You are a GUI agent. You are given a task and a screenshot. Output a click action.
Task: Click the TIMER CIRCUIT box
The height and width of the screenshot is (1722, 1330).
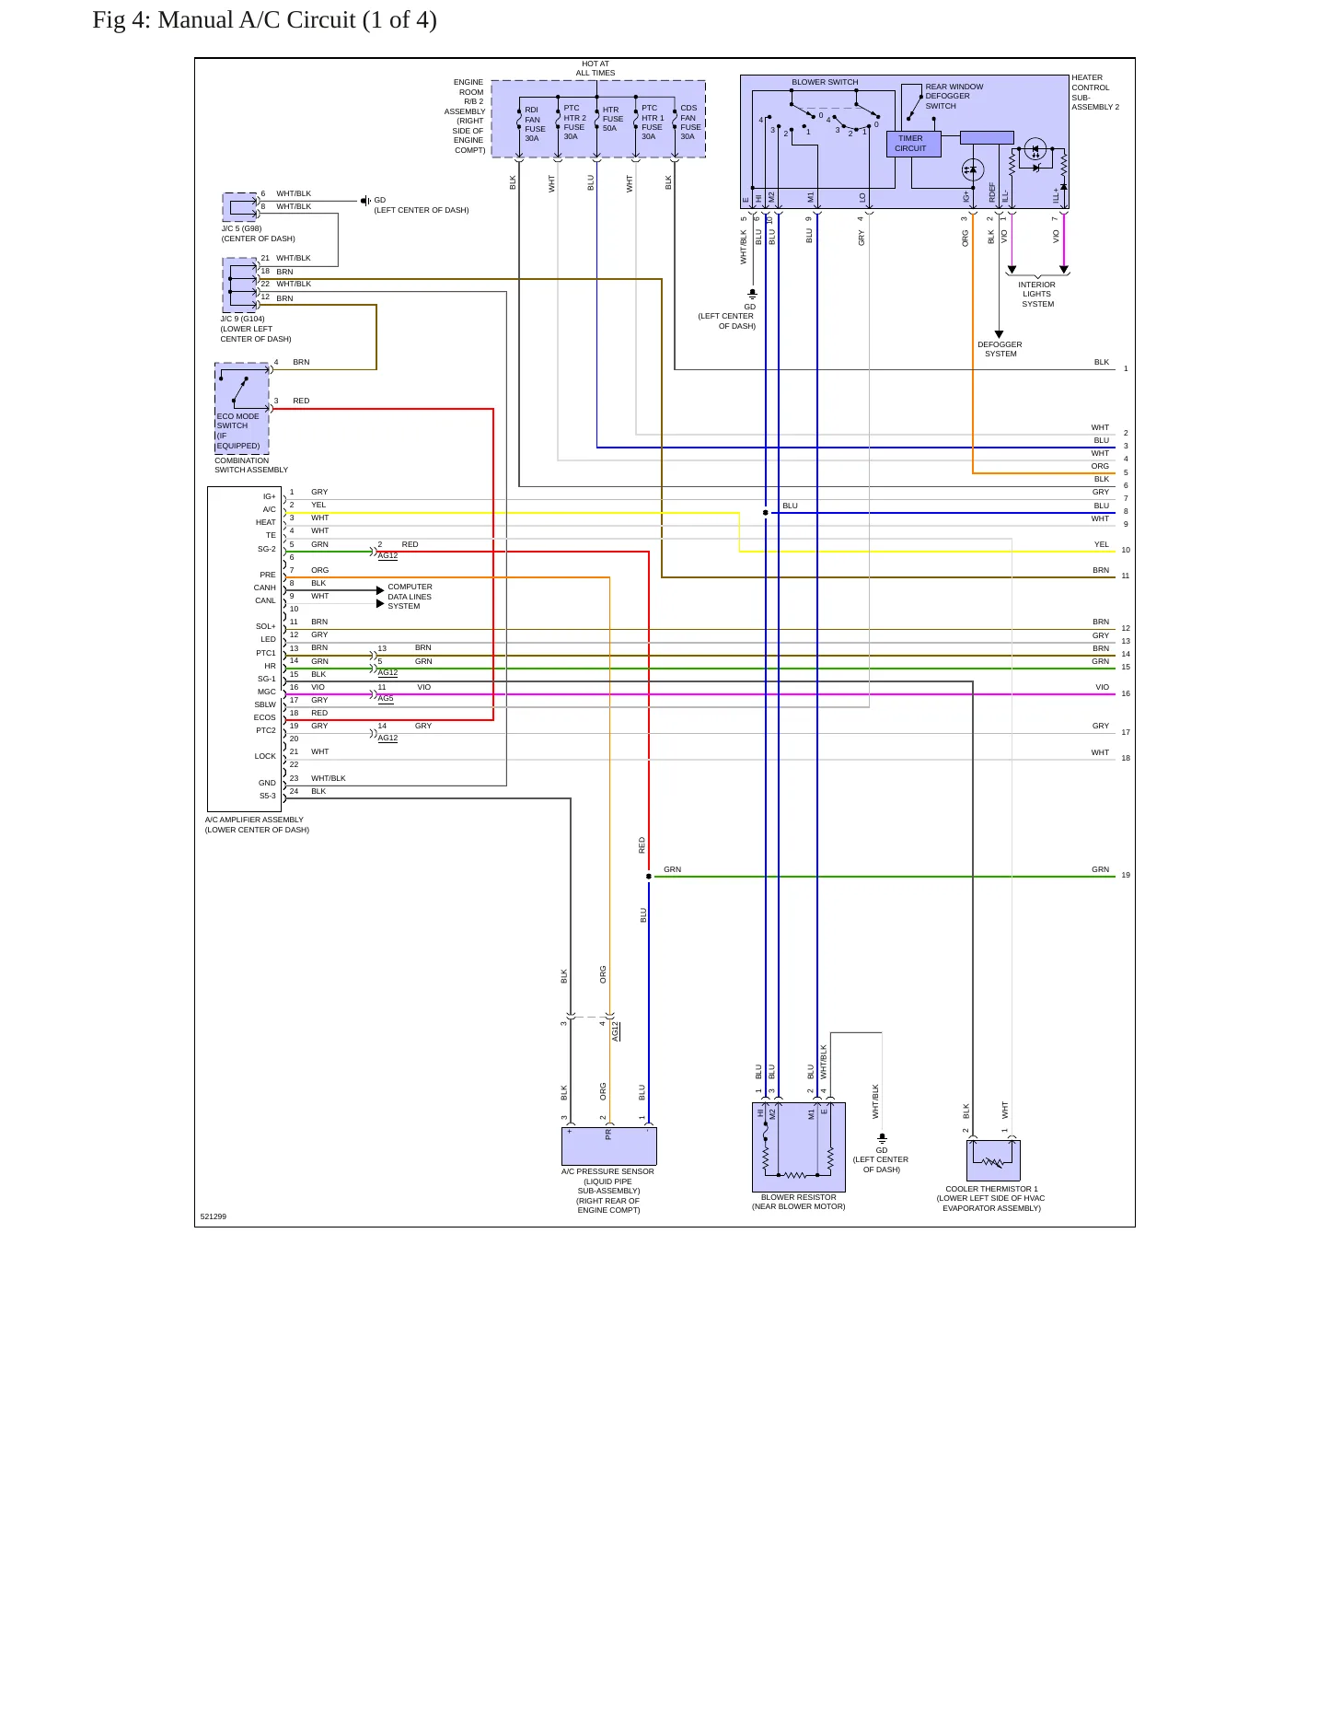click(x=914, y=144)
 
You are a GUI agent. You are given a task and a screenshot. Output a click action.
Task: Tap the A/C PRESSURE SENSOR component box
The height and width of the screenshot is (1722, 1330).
click(x=608, y=1146)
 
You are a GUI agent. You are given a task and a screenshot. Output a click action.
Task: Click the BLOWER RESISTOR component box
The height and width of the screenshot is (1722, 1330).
click(x=799, y=1147)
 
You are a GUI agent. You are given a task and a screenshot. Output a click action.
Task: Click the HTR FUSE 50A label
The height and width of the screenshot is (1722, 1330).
click(x=612, y=119)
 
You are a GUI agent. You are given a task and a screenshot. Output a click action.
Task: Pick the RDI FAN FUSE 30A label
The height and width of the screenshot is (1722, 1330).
click(x=535, y=124)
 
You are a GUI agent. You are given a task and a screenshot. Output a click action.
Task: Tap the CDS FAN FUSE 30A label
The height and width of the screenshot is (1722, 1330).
click(x=690, y=122)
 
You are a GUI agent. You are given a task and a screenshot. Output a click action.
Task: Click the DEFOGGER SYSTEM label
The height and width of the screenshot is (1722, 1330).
click(x=1000, y=349)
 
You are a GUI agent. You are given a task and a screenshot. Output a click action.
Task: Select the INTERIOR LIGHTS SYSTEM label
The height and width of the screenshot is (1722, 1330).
click(x=1037, y=295)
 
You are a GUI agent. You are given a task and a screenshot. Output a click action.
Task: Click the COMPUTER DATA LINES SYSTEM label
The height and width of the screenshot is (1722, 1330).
click(x=410, y=597)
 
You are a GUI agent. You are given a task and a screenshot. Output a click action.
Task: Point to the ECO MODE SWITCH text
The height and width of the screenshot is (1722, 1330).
click(x=237, y=421)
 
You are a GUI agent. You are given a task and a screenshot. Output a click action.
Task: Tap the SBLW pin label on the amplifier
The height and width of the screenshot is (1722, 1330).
click(x=265, y=704)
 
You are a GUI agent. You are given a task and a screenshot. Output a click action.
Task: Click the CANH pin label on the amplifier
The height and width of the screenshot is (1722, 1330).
click(x=265, y=588)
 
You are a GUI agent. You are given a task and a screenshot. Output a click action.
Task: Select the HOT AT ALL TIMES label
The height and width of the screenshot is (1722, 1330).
click(x=596, y=68)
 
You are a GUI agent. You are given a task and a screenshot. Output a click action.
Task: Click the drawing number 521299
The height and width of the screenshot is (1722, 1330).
click(x=214, y=1216)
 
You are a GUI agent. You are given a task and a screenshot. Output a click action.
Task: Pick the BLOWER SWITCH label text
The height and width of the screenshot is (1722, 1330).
click(x=825, y=82)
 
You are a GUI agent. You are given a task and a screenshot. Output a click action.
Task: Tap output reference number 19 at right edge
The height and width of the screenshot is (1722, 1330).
click(x=1126, y=875)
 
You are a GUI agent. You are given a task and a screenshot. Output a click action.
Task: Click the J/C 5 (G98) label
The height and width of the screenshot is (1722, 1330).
click(x=241, y=228)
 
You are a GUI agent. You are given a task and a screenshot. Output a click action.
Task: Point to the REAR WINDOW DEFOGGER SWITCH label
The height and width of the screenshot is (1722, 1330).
click(x=954, y=97)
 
